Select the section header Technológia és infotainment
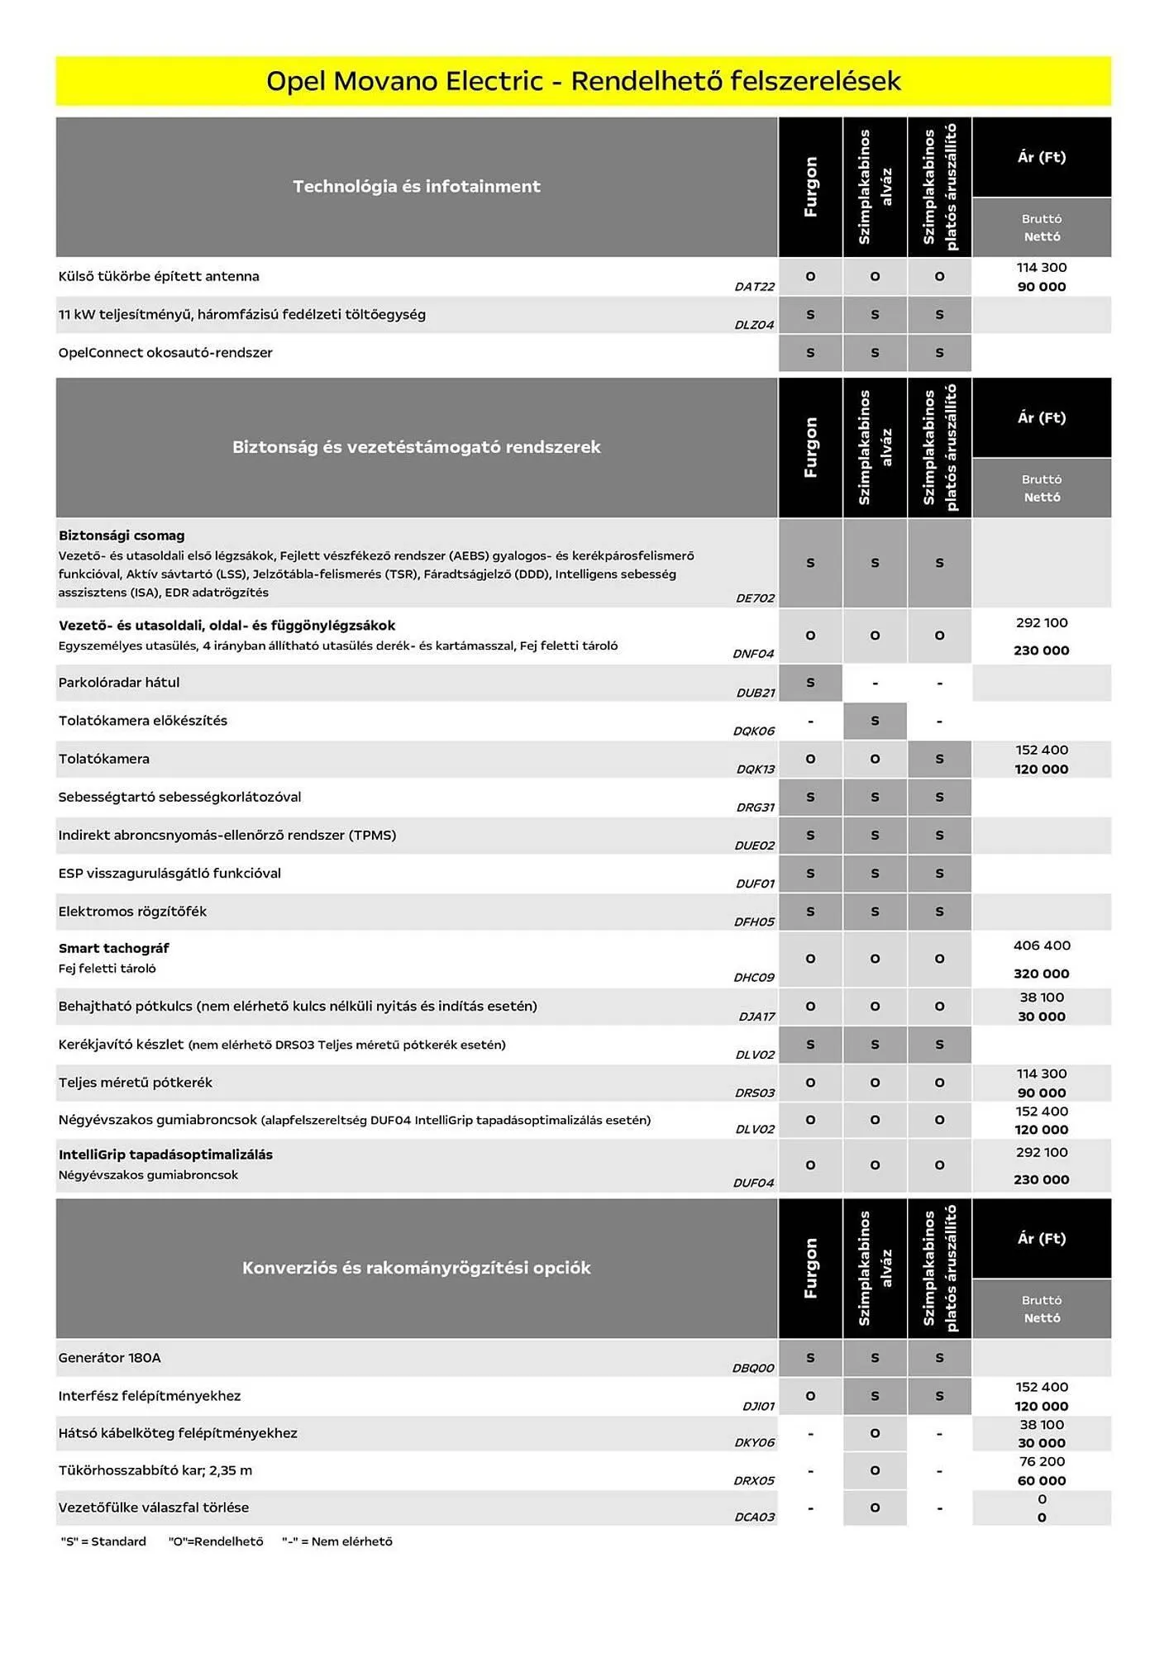416,187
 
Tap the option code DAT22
754,287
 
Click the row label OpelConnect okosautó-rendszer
165,353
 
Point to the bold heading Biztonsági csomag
122,536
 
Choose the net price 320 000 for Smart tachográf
1041,974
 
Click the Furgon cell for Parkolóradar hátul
810,683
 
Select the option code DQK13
755,769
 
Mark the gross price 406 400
1041,946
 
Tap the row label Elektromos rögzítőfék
132,912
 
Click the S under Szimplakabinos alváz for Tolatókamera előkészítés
875,721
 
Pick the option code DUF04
753,1183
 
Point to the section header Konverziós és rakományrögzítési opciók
416,1268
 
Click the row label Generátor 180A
110,1358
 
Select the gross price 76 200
1041,1462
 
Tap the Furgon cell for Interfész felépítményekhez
810,1396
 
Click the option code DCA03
754,1517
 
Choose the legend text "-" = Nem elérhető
337,1541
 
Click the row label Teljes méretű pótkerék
136,1083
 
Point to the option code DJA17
756,1017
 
